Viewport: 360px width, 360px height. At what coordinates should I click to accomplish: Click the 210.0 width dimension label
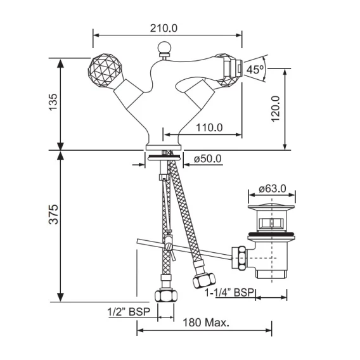click(x=164, y=29)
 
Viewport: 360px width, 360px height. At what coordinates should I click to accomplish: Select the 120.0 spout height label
click(x=276, y=109)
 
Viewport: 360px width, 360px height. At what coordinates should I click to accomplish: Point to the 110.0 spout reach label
click(x=209, y=127)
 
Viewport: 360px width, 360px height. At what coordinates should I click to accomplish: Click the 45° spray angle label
click(x=255, y=69)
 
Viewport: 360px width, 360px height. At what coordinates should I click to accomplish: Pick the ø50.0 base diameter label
click(x=208, y=158)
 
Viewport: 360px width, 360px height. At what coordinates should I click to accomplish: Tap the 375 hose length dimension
click(x=54, y=214)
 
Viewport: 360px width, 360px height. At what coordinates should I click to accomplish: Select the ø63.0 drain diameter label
click(x=273, y=189)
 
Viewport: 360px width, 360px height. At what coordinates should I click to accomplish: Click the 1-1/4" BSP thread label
click(x=229, y=293)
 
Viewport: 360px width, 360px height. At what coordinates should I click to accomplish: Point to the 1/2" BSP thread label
click(x=129, y=312)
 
